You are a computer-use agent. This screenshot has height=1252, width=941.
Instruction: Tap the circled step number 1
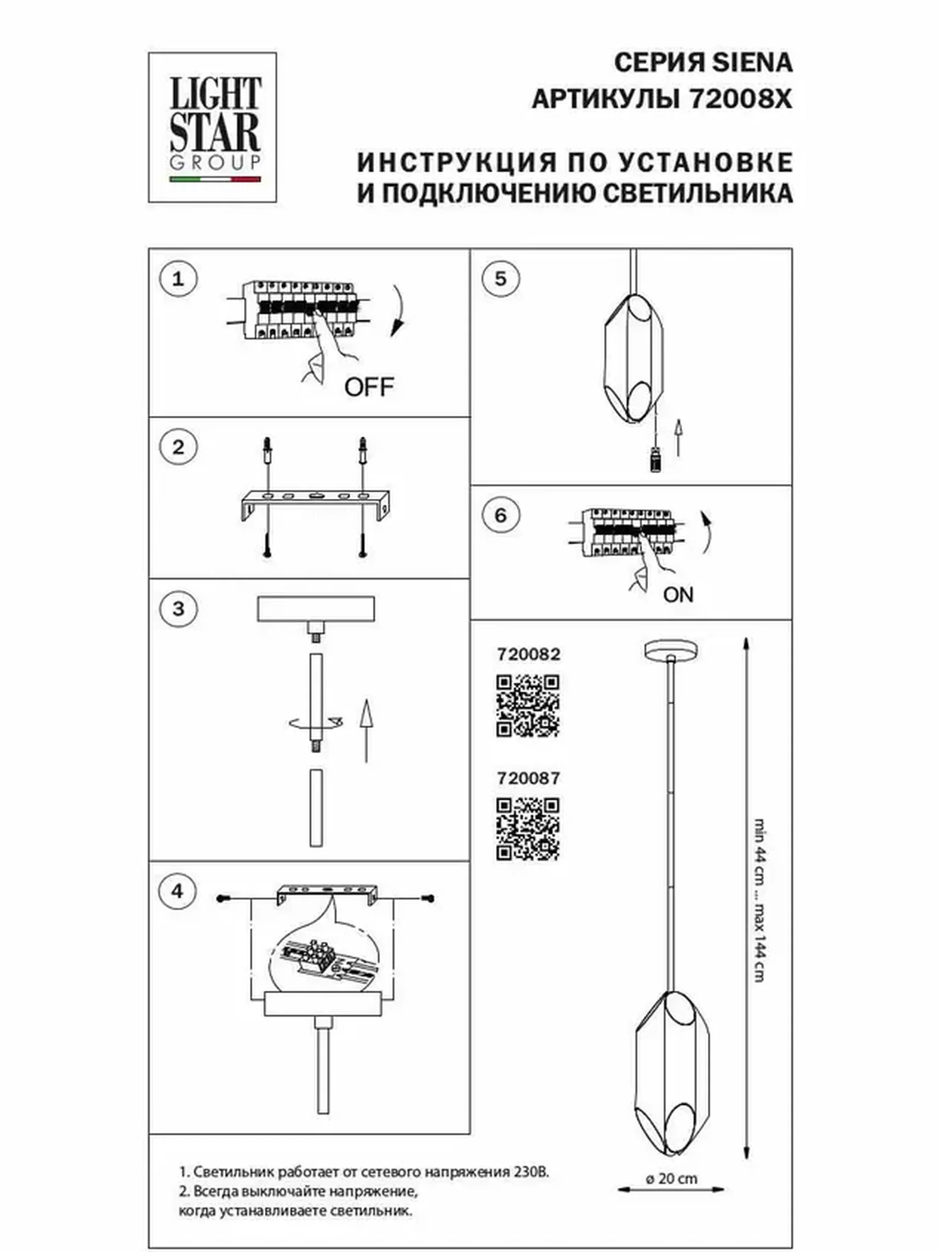pyautogui.click(x=178, y=279)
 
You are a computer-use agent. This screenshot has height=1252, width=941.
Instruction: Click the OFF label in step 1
pyautogui.click(x=369, y=387)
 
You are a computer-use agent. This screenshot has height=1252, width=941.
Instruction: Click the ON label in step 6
pyautogui.click(x=678, y=595)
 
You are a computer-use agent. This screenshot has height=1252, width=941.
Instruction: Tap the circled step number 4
pyautogui.click(x=178, y=891)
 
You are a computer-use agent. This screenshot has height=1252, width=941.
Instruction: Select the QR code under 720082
pyautogui.click(x=528, y=705)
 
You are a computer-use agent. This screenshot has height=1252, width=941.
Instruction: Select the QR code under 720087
pyautogui.click(x=528, y=829)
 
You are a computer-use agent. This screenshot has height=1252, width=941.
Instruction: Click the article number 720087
pyautogui.click(x=528, y=778)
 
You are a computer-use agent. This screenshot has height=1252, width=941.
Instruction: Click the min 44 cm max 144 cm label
pyautogui.click(x=760, y=899)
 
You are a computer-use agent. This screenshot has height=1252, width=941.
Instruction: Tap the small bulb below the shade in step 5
pyautogui.click(x=655, y=458)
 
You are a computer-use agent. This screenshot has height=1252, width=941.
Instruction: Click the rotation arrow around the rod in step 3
pyautogui.click(x=315, y=722)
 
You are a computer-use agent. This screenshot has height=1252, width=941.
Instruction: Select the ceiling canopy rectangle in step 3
pyautogui.click(x=315, y=609)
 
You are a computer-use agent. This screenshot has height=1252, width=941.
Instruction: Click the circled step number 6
pyautogui.click(x=501, y=516)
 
